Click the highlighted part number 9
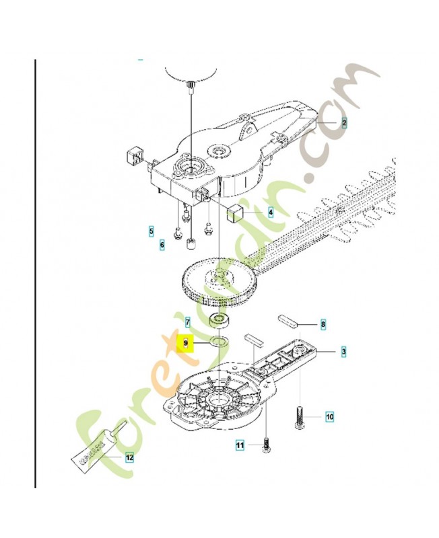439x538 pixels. [x=188, y=343]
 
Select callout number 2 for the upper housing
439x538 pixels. [x=344, y=123]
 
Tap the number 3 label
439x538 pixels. [x=343, y=352]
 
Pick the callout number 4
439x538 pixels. [x=271, y=212]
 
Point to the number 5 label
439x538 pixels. [x=151, y=232]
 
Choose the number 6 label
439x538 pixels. [x=162, y=245]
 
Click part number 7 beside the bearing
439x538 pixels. [x=188, y=322]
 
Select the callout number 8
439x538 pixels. [x=323, y=325]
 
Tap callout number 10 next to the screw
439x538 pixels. [x=330, y=416]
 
